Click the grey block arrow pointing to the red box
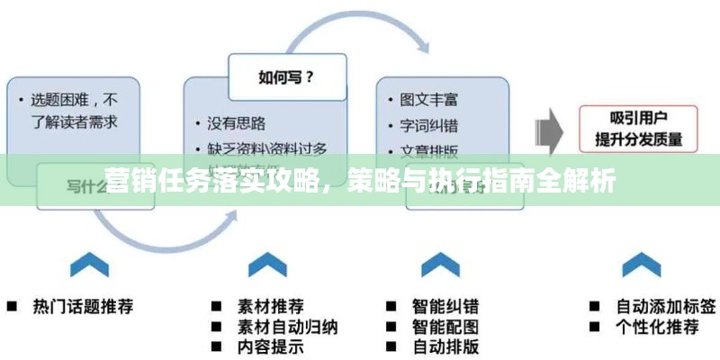550,129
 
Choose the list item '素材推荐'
270,306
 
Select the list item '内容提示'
270,346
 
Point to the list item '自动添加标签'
666,306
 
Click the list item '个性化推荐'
657,326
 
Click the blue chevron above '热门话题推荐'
89,266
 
